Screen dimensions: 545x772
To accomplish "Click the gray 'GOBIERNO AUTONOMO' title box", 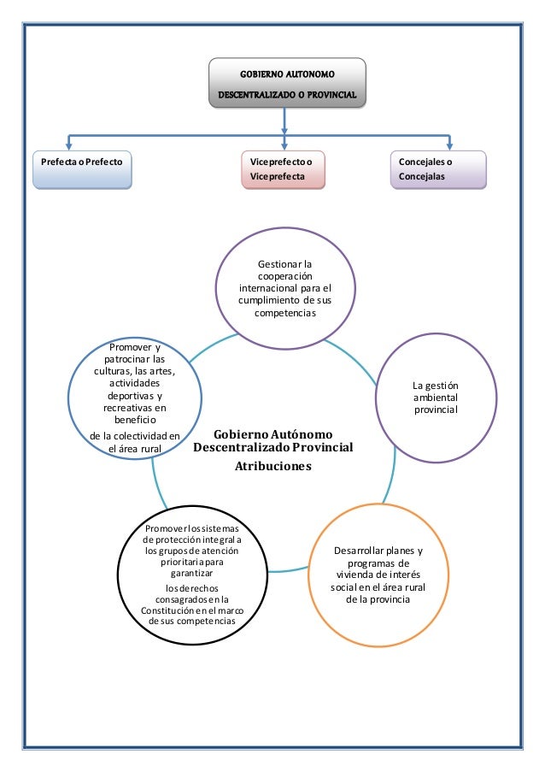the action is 287,83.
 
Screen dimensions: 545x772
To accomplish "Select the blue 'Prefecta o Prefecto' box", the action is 82,170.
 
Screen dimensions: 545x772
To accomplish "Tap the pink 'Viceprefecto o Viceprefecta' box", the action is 284,170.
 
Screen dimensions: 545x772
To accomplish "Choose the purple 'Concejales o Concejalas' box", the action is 438,170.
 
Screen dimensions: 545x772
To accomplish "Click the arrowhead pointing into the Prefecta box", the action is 69,145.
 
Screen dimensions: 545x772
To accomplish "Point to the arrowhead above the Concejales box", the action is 449,145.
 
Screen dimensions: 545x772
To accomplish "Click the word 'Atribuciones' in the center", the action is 273,466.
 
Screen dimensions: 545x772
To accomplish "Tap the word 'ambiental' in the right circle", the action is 436,398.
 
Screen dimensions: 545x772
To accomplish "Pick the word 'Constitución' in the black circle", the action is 167,610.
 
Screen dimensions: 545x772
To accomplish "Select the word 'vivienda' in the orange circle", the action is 355,575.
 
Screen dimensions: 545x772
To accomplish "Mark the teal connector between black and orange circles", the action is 288,570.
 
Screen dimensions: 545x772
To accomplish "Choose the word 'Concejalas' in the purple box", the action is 421,176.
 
